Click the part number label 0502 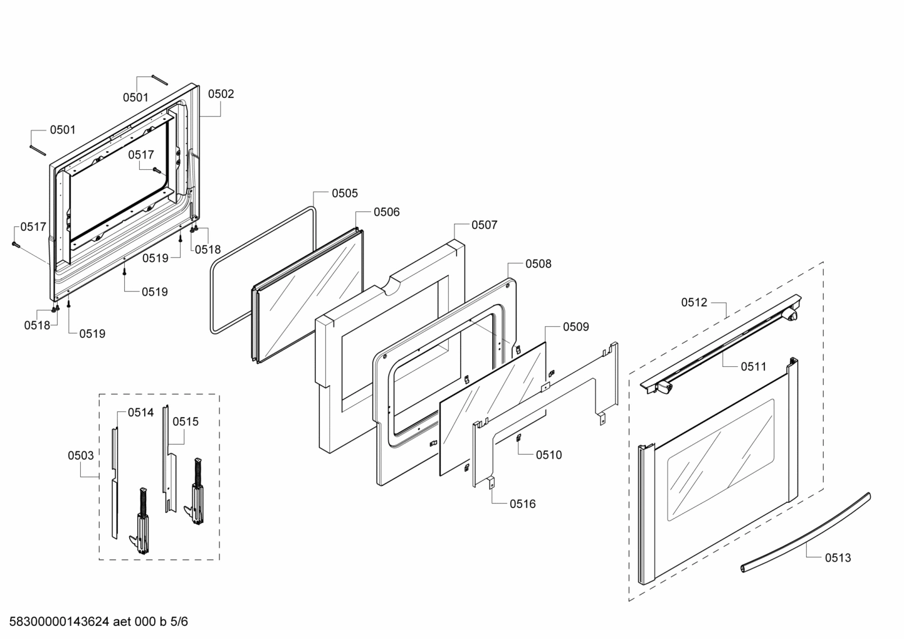click(x=221, y=94)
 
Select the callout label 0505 click(x=345, y=194)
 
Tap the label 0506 click(x=386, y=213)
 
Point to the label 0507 click(x=484, y=225)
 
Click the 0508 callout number click(x=538, y=264)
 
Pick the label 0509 click(x=576, y=327)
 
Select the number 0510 click(x=549, y=455)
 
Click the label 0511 click(x=753, y=367)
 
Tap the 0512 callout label click(x=694, y=303)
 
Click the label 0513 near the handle click(x=838, y=558)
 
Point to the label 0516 click(x=522, y=504)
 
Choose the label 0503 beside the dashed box click(x=81, y=456)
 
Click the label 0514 click(x=140, y=413)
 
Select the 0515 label click(x=186, y=422)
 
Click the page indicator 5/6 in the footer click(x=179, y=622)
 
